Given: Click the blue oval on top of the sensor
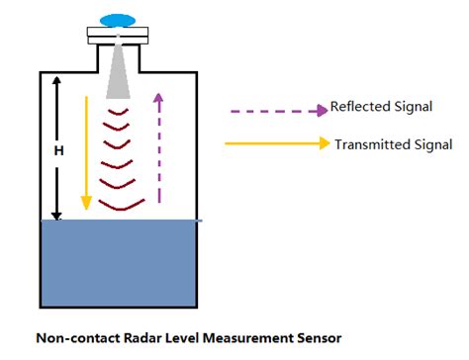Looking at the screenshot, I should pyautogui.click(x=119, y=19).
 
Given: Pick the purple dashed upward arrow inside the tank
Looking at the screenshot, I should pyautogui.click(x=156, y=148).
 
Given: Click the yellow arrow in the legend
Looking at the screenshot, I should pyautogui.click(x=276, y=143).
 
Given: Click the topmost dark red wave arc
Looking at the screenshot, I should pyautogui.click(x=119, y=112).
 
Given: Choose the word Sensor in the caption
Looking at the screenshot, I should pyautogui.click(x=318, y=338).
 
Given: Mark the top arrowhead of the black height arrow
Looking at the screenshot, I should pyautogui.click(x=57, y=81).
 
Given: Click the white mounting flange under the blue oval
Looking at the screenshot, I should pyautogui.click(x=119, y=38).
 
